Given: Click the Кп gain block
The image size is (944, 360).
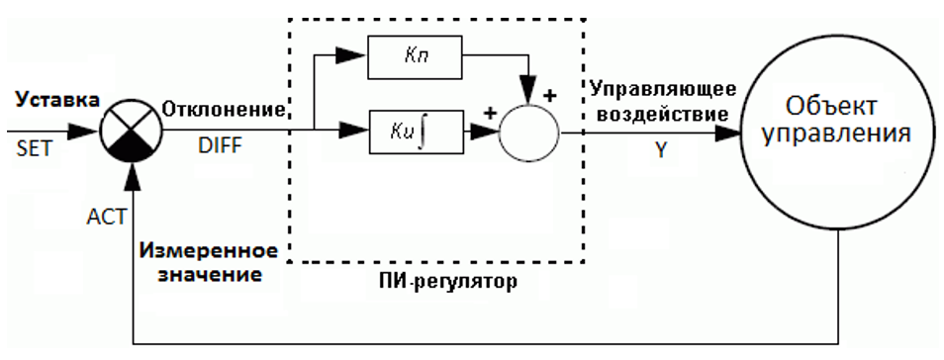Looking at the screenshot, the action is (x=415, y=57).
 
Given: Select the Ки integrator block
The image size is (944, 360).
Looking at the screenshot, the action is (x=416, y=132).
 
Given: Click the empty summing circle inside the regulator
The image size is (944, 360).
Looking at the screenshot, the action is (x=528, y=133).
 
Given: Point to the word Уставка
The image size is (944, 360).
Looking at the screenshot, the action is (x=57, y=100).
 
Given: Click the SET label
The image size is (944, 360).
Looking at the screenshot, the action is (x=35, y=147).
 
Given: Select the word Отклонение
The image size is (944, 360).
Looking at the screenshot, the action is (x=223, y=110).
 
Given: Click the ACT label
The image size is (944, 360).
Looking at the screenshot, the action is (x=106, y=216).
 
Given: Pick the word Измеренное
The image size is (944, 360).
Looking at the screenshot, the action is (x=209, y=250).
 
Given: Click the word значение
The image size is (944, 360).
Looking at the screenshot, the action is (x=210, y=275).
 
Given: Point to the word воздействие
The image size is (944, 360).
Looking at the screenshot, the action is (x=659, y=114).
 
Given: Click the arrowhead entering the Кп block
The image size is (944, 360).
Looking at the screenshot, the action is (x=350, y=56).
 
